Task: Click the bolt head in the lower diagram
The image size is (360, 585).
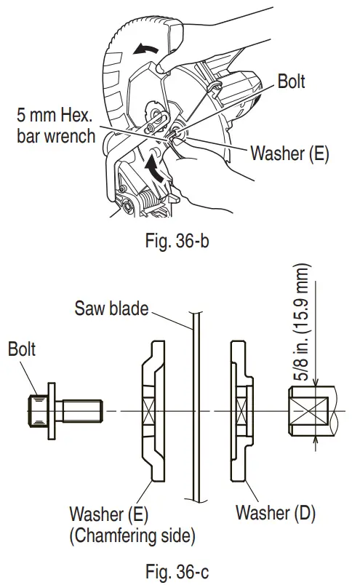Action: (39, 410)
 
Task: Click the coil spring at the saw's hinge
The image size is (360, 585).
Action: (145, 197)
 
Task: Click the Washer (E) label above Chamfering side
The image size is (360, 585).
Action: (109, 514)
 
